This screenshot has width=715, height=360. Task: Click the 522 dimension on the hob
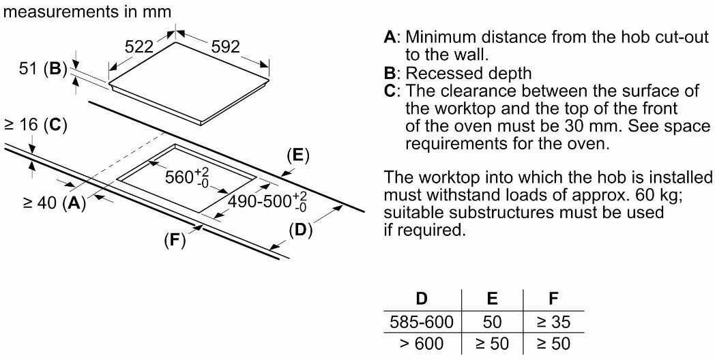coord(138,47)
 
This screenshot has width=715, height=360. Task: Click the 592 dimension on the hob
coord(225,47)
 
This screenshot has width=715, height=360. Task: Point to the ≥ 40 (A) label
coord(55,202)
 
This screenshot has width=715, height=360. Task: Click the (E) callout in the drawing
coord(297,155)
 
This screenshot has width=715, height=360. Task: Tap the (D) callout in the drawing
coord(300,230)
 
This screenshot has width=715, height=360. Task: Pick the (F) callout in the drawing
coord(175,240)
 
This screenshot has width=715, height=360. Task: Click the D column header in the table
coord(422,298)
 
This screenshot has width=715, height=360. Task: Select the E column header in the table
coord(492,298)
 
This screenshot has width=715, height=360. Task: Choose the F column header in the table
coord(553,298)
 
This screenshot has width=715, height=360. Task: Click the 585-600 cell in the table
coord(422,321)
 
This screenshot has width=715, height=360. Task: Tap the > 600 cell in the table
coord(422,344)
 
